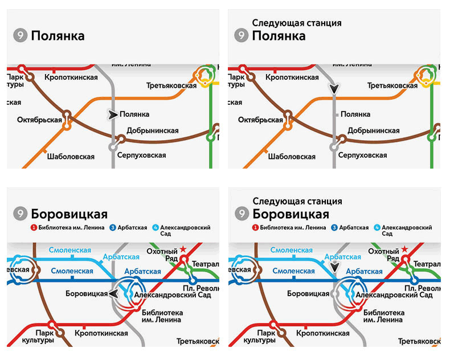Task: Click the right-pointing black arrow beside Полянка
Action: pos(113,114)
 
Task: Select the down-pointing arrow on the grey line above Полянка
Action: pos(334,89)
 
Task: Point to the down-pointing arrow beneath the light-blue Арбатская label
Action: pos(335,266)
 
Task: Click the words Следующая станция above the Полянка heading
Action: pos(296,23)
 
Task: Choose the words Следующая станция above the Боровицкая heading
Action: pos(297,201)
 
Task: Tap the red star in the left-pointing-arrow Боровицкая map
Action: pos(183,249)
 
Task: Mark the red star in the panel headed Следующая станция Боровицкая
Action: pos(404,249)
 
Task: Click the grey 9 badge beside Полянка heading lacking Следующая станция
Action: pos(20,36)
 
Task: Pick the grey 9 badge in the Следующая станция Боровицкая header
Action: pos(242,214)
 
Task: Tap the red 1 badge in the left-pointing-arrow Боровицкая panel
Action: pos(34,227)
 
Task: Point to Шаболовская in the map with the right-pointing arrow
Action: pos(71,157)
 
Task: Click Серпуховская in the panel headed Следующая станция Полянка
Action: pos(362,156)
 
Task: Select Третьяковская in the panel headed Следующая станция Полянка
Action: pos(392,85)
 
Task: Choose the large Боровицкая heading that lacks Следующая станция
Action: pos(69,214)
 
